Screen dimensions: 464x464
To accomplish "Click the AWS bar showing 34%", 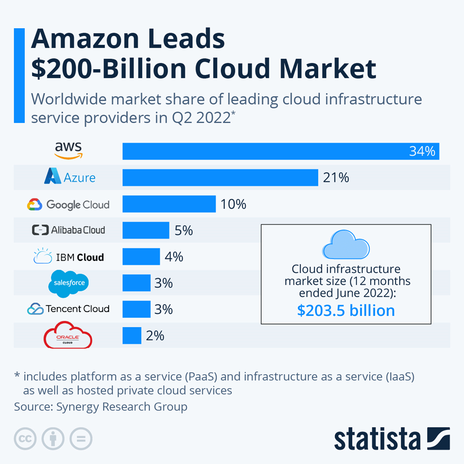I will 280,151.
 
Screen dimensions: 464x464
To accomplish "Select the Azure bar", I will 220,177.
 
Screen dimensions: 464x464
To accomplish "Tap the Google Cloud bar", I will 169,204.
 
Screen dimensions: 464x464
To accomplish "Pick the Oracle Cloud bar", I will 132,336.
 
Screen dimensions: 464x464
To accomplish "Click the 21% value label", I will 336,178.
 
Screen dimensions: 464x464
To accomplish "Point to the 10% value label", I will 233,204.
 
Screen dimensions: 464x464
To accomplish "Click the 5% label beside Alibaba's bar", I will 184,230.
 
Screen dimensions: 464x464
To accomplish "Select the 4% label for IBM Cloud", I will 174,257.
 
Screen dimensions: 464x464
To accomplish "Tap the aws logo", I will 68,150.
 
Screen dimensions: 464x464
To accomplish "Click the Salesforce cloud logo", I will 68,283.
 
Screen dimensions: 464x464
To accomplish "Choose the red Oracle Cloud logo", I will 68,336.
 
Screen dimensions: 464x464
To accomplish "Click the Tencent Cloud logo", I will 68,309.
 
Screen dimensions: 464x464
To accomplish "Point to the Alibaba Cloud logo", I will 68,230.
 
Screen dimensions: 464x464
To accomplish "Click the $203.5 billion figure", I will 346,310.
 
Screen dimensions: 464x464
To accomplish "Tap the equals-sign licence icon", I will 81,438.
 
